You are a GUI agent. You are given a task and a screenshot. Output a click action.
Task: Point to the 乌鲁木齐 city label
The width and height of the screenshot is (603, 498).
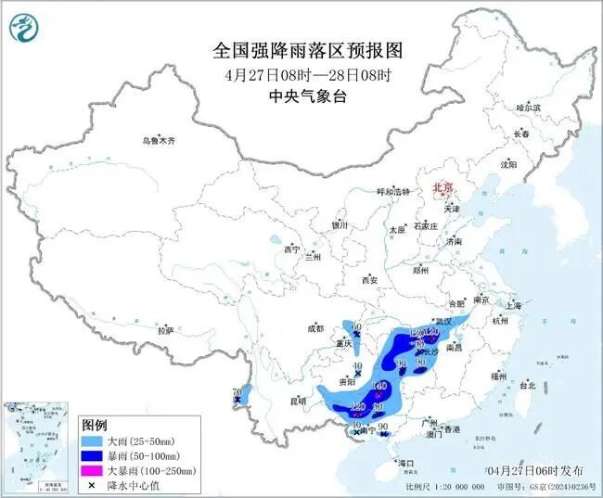(x=158, y=140)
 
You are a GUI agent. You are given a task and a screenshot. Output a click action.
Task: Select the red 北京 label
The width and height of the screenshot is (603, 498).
(x=443, y=188)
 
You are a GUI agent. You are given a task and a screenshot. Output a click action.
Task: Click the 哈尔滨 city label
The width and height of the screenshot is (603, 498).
(x=528, y=108)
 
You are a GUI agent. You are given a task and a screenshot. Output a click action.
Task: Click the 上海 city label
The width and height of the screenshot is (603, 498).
(x=514, y=305)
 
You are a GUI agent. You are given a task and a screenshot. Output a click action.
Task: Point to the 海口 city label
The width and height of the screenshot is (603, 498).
(x=404, y=462)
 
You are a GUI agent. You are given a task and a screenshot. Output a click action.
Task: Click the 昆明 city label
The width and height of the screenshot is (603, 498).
(x=297, y=401)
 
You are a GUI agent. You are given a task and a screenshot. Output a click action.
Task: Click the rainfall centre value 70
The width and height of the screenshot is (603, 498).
(x=237, y=392)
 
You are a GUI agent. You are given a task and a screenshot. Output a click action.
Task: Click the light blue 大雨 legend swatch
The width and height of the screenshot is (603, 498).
(x=91, y=441)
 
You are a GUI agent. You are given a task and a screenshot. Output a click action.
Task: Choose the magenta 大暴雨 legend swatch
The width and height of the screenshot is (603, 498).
(x=91, y=471)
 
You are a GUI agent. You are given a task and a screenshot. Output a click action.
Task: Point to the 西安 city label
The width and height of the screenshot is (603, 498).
(x=370, y=280)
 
